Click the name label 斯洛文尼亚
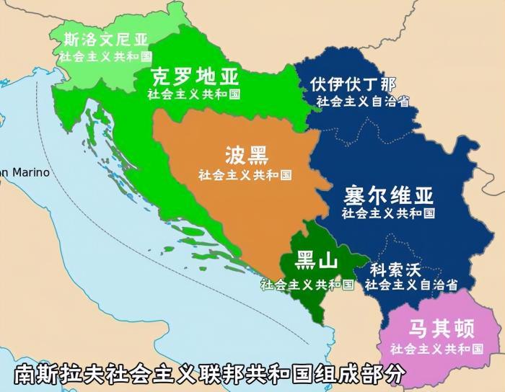[x=105, y=40]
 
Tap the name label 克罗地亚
[x=195, y=77]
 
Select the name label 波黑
[x=246, y=155]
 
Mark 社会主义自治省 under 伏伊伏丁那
[x=363, y=101]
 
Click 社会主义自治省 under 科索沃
[x=411, y=285]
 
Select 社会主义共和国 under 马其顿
[x=436, y=349]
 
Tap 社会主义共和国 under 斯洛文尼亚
[x=105, y=56]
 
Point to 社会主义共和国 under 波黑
[x=245, y=174]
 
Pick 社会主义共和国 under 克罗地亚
[x=195, y=94]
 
